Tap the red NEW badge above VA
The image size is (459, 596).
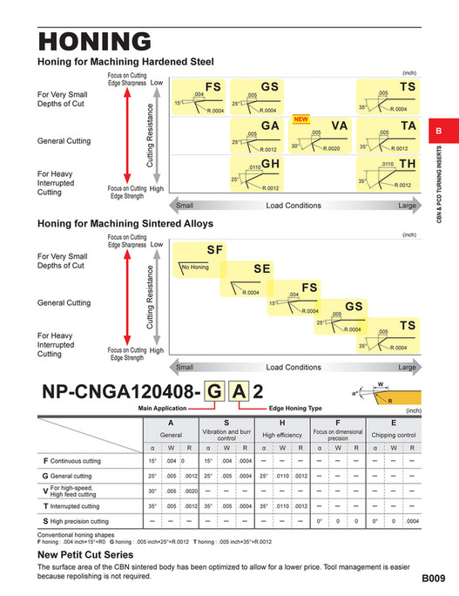[301, 119]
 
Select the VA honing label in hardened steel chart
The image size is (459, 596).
[339, 126]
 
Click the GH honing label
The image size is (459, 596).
[270, 164]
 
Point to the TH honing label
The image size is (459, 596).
[408, 164]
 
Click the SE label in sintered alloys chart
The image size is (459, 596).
[262, 268]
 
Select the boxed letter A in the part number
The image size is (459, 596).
[238, 393]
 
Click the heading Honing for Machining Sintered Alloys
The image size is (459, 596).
[128, 224]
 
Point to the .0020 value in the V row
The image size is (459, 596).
[190, 491]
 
